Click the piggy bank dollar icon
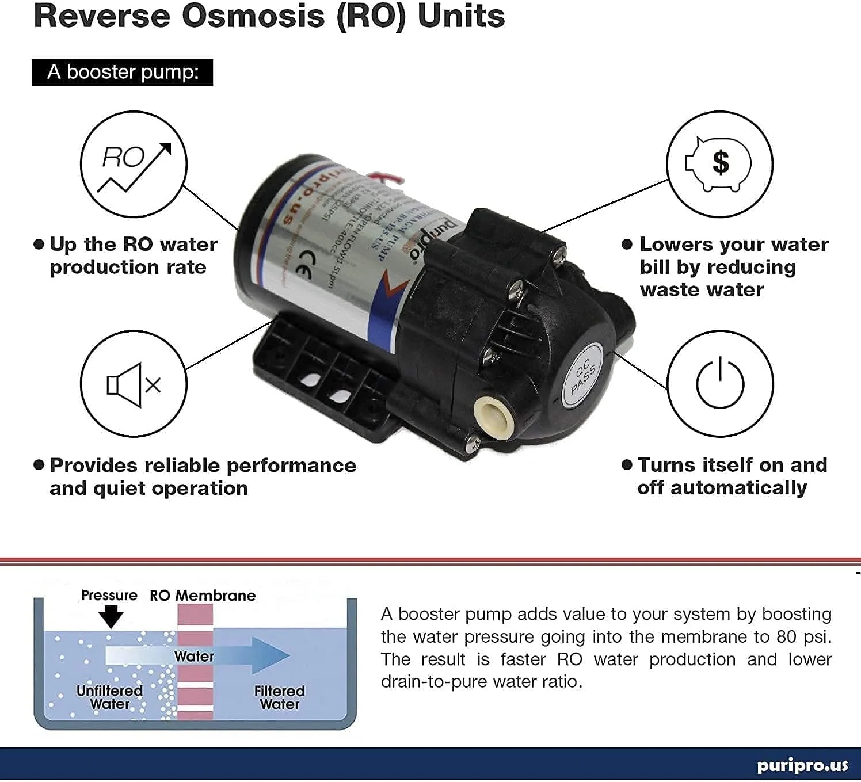[x=719, y=164]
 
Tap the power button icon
[x=720, y=383]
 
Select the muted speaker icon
[x=134, y=384]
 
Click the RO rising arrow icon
[x=134, y=164]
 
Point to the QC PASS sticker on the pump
[x=582, y=376]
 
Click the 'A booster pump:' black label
[x=122, y=73]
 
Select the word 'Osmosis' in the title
[x=253, y=16]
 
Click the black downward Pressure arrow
[x=111, y=617]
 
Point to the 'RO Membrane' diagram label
[x=203, y=596]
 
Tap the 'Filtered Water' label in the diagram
[x=280, y=697]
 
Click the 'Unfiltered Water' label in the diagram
[x=109, y=697]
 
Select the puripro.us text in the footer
[x=802, y=765]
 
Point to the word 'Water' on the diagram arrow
[x=194, y=656]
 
